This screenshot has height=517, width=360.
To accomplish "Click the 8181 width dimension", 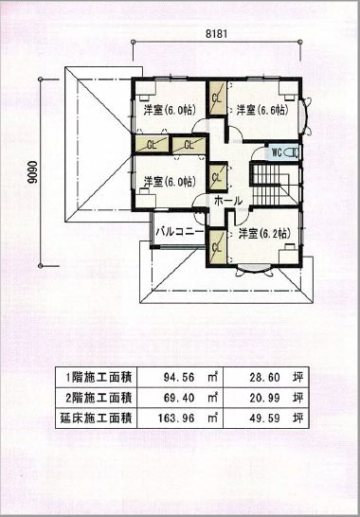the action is pyautogui.click(x=216, y=34).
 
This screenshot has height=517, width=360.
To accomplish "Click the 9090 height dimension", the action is pyautogui.click(x=31, y=172).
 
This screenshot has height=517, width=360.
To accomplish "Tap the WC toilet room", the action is pyautogui.click(x=283, y=152).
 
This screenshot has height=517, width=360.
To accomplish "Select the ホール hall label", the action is pyautogui.click(x=228, y=201).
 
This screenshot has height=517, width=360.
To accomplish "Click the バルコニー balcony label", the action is pyautogui.click(x=179, y=231).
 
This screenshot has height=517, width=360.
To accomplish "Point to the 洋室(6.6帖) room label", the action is pyautogui.click(x=262, y=110).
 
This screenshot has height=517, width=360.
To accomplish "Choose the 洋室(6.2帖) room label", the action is pyautogui.click(x=264, y=234).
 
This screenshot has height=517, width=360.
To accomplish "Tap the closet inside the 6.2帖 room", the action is pyautogui.click(x=217, y=247).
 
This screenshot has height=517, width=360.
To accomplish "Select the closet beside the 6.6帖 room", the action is pyautogui.click(x=217, y=98).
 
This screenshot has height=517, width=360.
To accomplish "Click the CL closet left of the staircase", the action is pyautogui.click(x=217, y=177).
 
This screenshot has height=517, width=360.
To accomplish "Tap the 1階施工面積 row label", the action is pyautogui.click(x=99, y=377).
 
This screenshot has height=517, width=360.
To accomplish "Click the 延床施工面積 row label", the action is pyautogui.click(x=97, y=419).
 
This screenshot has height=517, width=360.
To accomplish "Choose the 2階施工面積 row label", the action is pyautogui.click(x=99, y=398).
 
